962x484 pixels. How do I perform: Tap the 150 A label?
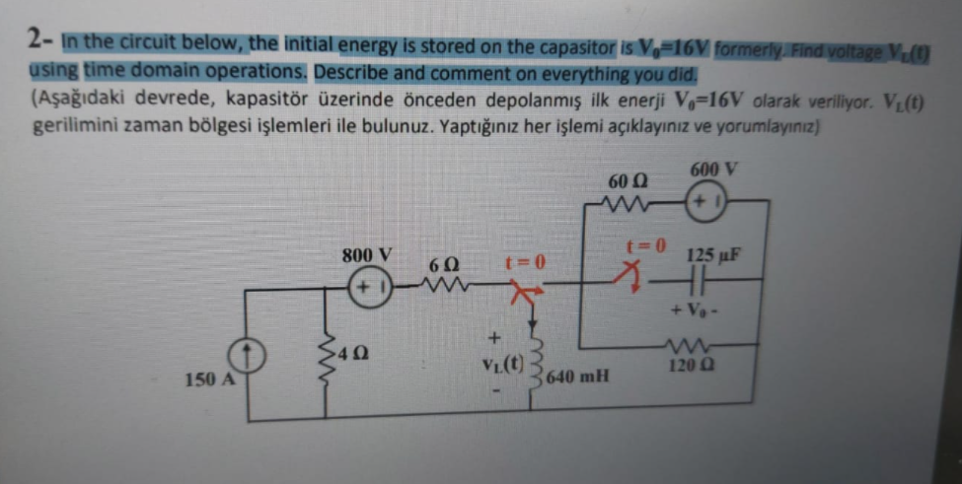[205, 379]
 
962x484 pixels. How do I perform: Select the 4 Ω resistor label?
[350, 352]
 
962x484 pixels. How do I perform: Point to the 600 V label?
[712, 170]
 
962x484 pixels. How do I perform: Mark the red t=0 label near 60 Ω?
[646, 242]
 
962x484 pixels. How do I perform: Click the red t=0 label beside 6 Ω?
[524, 263]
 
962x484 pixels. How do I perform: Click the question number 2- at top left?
[40, 40]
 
